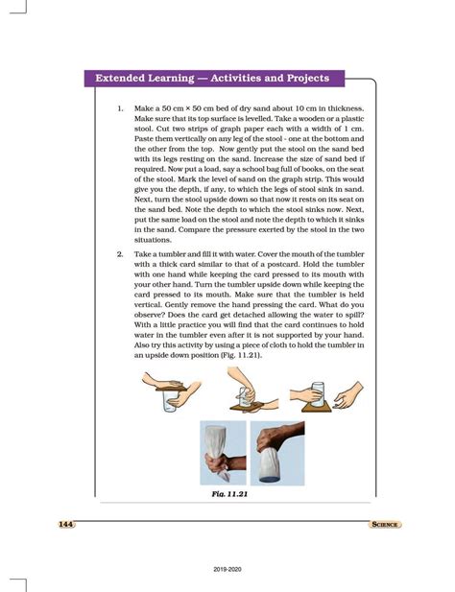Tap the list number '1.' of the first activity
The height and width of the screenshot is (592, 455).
pos(120,109)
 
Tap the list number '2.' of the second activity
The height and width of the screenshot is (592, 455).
pos(120,252)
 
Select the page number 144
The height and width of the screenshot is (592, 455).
pos(65,524)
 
